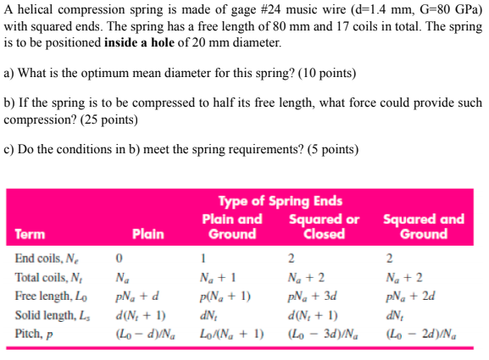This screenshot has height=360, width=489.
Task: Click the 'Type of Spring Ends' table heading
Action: (x=281, y=201)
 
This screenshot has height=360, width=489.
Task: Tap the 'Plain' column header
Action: (x=147, y=233)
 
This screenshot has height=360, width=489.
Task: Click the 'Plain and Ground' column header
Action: (x=231, y=225)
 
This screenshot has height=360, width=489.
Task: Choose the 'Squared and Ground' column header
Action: (x=424, y=225)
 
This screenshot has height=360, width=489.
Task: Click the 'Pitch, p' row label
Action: (x=35, y=333)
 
